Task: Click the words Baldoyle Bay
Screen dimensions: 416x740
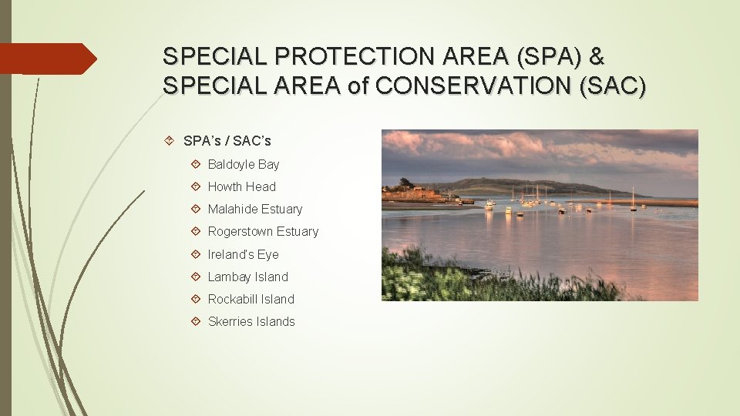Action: tap(243, 164)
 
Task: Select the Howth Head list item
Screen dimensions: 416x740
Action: tap(241, 186)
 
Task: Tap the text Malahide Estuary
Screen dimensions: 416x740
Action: tap(254, 209)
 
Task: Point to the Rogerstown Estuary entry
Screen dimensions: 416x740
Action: tap(262, 231)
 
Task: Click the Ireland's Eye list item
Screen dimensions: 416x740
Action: tap(243, 254)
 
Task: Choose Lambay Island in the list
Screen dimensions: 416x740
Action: tap(247, 277)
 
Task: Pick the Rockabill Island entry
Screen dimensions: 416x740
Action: tap(251, 299)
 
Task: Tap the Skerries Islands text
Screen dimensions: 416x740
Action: tap(251, 321)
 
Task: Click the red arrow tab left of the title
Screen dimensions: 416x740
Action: tap(46, 59)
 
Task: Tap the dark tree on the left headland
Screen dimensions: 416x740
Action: tap(404, 184)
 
